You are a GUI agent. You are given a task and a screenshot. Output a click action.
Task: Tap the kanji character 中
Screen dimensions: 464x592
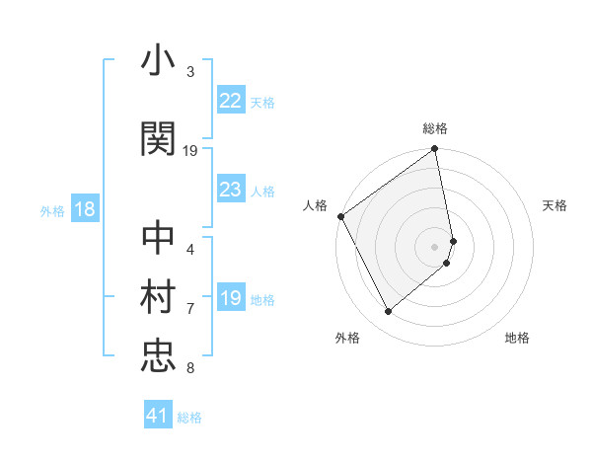click(x=158, y=240)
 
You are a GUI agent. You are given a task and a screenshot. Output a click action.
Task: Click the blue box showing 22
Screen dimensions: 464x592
click(x=230, y=100)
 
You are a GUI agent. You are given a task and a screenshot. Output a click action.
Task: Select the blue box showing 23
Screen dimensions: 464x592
click(x=230, y=190)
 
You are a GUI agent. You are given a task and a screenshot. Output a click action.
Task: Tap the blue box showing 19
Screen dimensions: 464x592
click(x=230, y=298)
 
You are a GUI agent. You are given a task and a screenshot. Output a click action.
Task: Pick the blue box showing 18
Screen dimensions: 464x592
click(x=84, y=209)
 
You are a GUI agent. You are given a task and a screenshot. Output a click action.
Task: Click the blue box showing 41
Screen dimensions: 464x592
click(x=158, y=416)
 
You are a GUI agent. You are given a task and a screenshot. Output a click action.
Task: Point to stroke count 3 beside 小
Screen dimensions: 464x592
click(x=190, y=72)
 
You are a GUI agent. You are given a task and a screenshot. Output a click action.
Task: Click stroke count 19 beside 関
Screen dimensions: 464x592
click(x=190, y=150)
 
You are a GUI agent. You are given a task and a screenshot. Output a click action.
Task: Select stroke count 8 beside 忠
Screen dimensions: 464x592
click(x=190, y=368)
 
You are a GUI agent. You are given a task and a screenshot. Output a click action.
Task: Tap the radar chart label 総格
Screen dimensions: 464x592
click(x=435, y=128)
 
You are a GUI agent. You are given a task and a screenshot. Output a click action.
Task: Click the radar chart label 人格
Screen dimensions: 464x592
click(x=316, y=205)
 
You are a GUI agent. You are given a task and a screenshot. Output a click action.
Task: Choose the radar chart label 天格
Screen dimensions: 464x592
click(x=555, y=205)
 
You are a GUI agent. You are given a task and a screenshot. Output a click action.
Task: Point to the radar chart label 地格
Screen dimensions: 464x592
click(x=517, y=338)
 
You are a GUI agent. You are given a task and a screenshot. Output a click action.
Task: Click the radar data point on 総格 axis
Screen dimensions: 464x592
click(x=435, y=150)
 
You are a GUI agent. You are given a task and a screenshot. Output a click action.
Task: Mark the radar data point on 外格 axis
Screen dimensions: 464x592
click(x=388, y=312)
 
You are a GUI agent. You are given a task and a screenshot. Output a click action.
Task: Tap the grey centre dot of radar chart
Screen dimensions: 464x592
click(x=435, y=246)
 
